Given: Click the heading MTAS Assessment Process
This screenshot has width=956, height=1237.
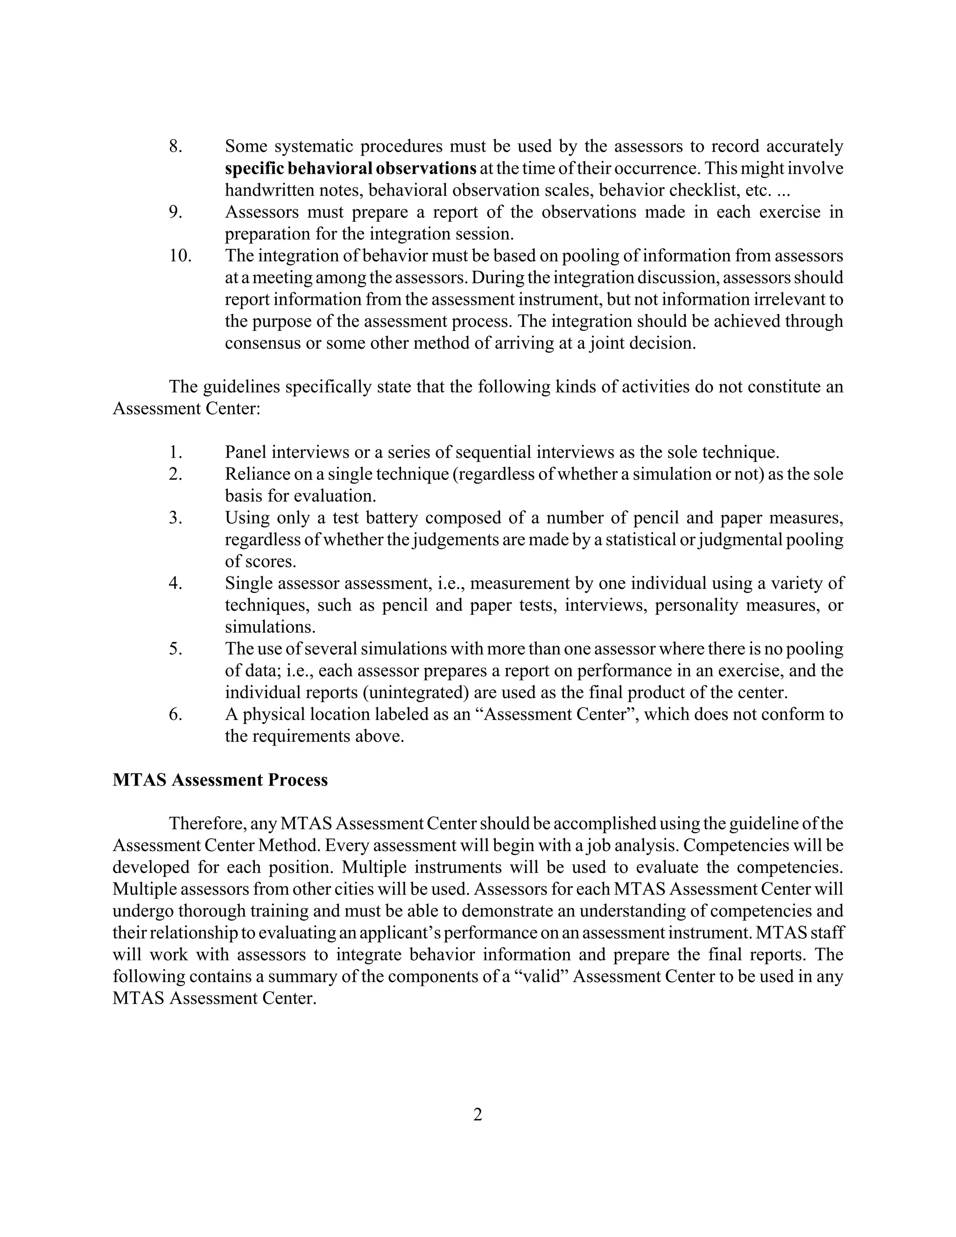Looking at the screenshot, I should pos(220,780).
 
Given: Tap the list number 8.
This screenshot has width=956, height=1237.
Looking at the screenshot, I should pos(176,146).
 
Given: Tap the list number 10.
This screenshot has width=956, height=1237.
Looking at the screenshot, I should pos(180,255).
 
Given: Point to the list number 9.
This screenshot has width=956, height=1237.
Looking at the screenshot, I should pos(176,212).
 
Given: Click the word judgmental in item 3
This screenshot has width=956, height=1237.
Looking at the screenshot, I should pos(744,539).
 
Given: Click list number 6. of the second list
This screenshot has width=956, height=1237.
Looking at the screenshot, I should pos(176,714).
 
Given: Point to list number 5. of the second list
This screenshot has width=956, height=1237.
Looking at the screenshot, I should pos(176,648).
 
